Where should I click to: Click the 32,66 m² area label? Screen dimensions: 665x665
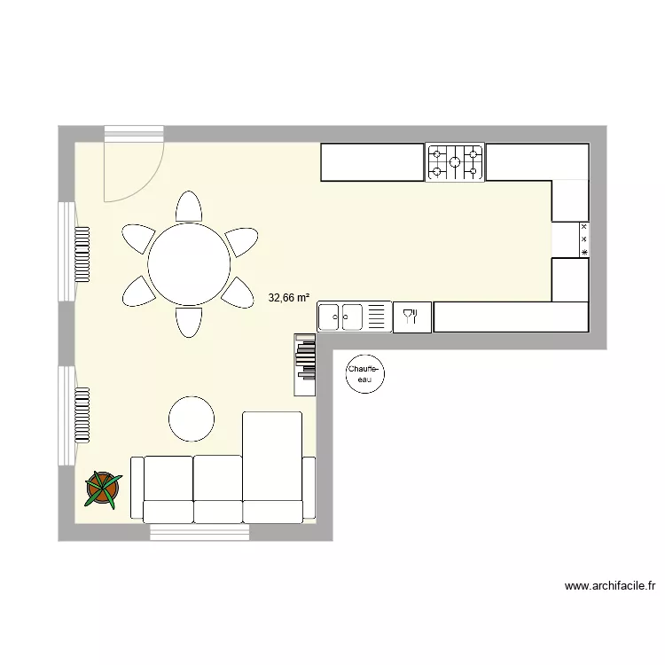coord(289,299)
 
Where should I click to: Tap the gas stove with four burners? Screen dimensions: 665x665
coord(455,162)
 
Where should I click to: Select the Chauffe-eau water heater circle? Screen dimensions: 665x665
coord(363,375)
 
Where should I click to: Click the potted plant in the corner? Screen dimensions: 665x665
coord(103,489)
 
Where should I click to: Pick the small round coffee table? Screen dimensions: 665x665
coord(192,419)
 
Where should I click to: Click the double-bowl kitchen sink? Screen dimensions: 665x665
coord(341,315)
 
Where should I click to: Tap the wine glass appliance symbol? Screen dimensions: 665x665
coord(411,317)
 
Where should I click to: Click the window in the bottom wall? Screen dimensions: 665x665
coord(199,532)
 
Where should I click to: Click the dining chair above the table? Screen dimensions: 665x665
coord(189,207)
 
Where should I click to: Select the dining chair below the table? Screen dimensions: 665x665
coord(189,321)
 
